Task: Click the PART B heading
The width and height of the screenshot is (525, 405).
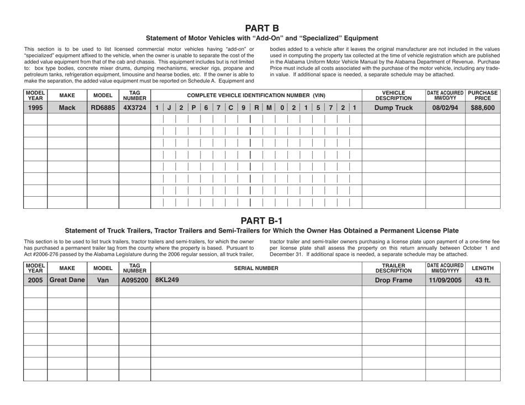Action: click(x=262, y=27)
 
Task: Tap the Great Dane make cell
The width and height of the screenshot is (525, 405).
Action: click(x=67, y=280)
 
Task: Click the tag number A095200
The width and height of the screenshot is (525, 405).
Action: click(x=135, y=280)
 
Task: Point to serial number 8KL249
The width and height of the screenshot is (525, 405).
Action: click(x=166, y=280)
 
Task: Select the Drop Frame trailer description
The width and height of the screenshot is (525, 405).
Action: click(x=393, y=280)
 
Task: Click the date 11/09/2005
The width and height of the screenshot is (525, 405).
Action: click(x=445, y=280)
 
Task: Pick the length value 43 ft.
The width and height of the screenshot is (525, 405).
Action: click(x=482, y=280)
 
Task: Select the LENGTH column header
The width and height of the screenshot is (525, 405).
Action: click(x=482, y=268)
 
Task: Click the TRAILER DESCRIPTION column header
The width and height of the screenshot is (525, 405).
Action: click(x=393, y=268)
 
